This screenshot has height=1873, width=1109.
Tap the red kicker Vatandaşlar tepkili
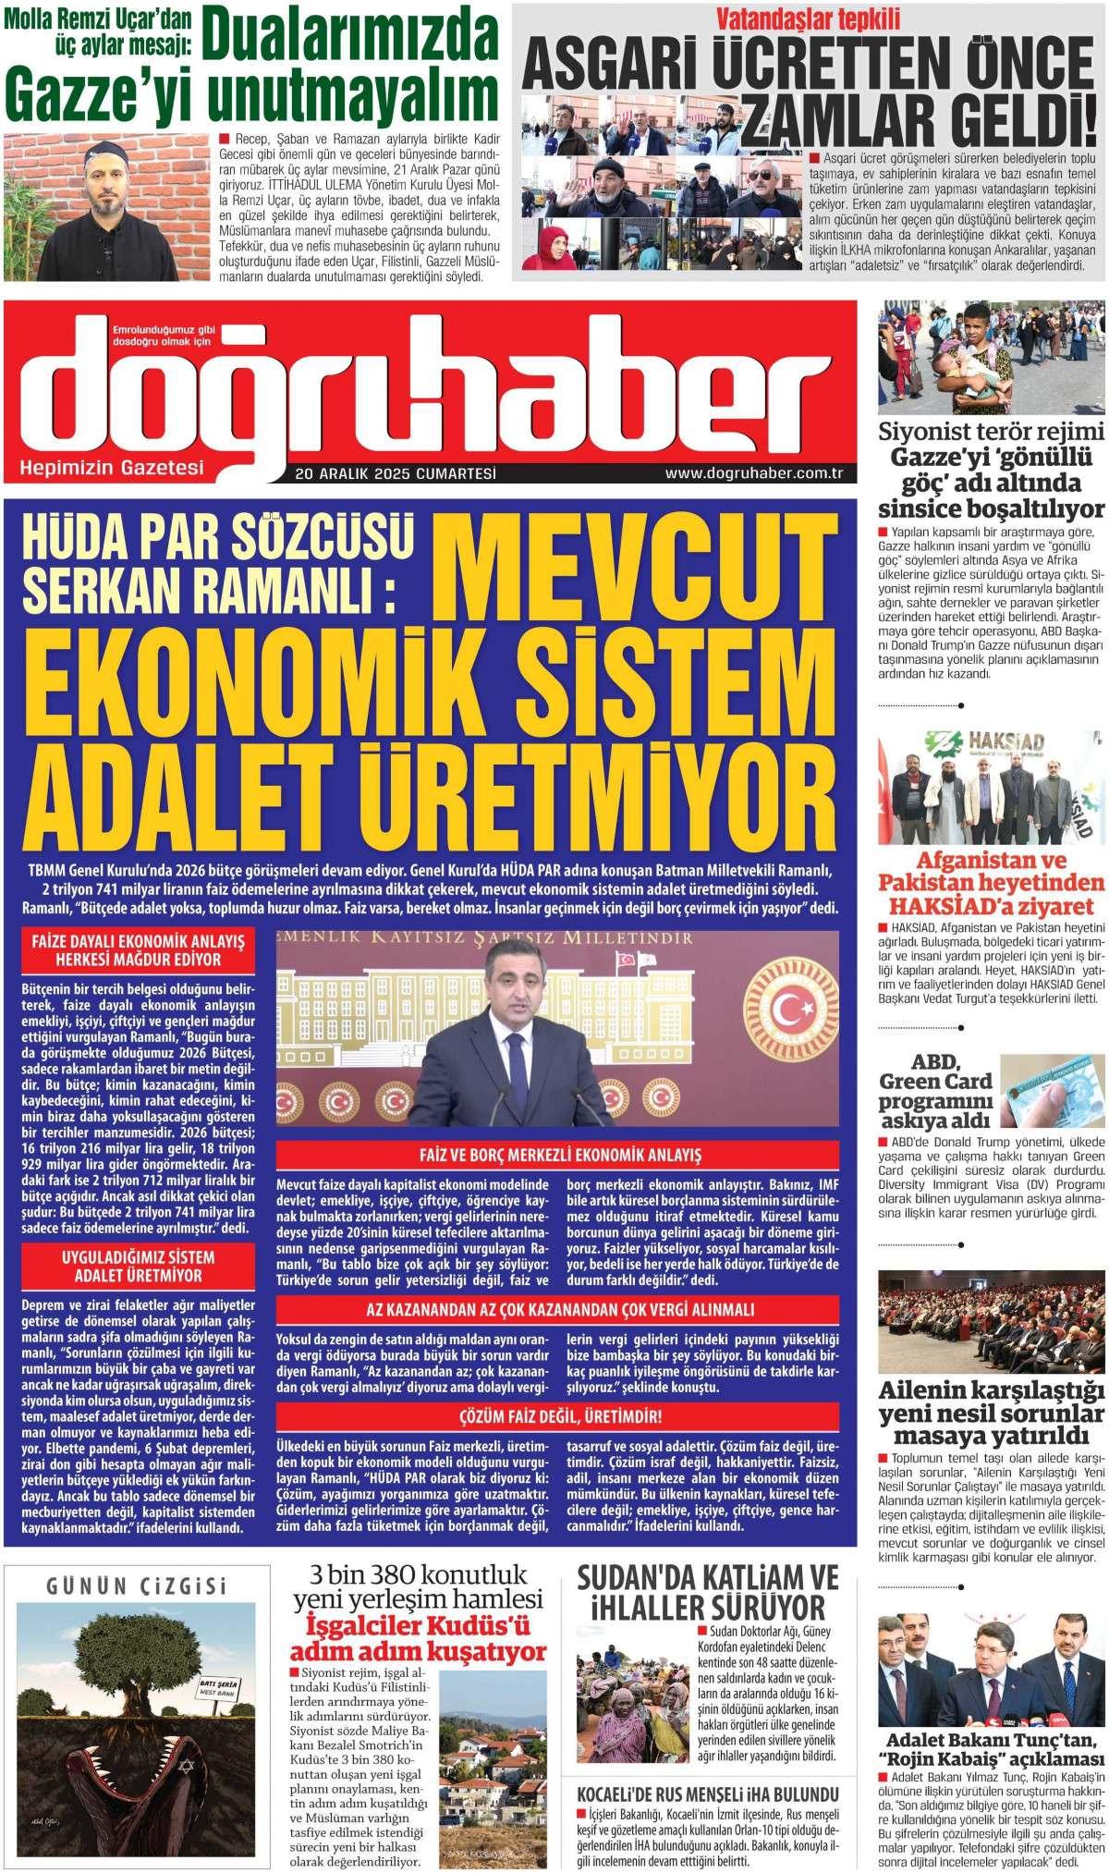(810, 18)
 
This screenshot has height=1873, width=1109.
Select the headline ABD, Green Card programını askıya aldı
(935, 1090)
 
